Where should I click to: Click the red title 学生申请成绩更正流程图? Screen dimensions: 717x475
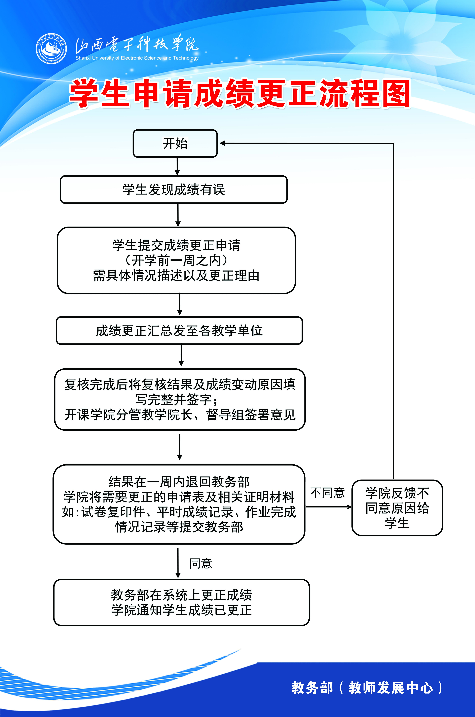239,93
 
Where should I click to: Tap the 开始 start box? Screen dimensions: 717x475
175,143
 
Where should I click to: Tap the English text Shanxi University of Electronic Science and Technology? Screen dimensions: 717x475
137,58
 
